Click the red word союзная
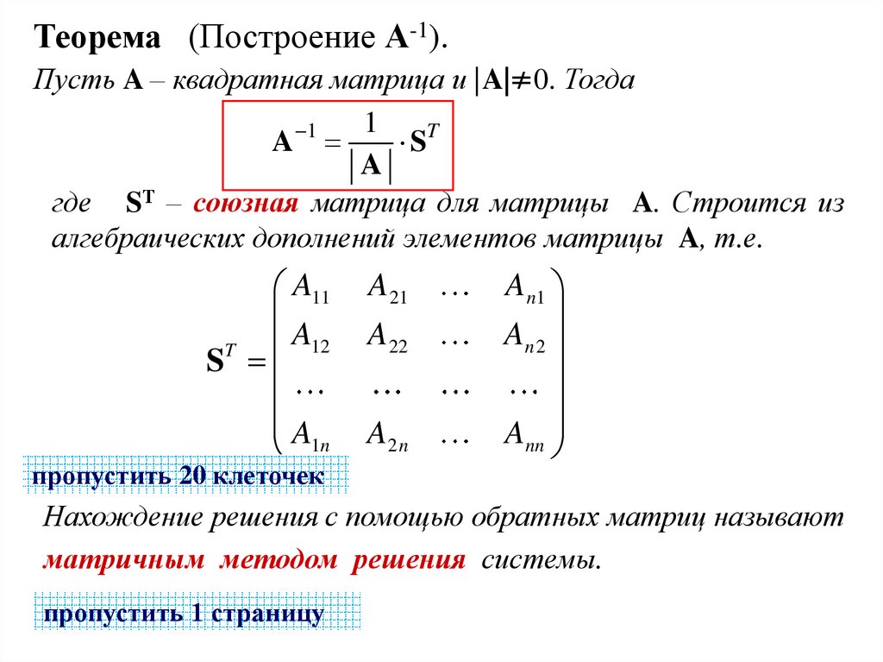[x=246, y=205]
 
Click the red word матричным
[x=124, y=560]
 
